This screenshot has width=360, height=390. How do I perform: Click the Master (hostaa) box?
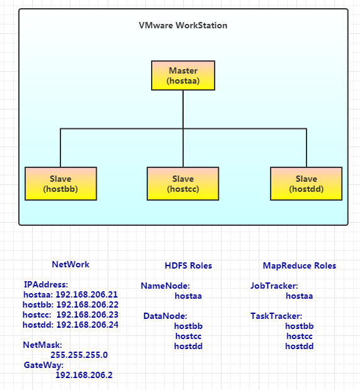click(183, 75)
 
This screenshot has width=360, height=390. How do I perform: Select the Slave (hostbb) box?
click(60, 184)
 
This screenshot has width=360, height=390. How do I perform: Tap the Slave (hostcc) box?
click(183, 184)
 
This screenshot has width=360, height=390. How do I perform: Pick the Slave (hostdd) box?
click(307, 184)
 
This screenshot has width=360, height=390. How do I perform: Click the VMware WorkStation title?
click(183, 25)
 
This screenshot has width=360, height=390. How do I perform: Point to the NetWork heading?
click(70, 264)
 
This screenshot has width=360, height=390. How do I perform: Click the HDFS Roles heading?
click(188, 265)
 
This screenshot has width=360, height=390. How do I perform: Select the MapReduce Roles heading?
click(300, 265)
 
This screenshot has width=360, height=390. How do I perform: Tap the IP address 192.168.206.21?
click(87, 294)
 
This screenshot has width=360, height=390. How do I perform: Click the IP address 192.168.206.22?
click(87, 304)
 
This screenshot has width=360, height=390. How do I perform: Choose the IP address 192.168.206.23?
click(87, 315)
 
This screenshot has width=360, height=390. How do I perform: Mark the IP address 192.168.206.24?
click(87, 325)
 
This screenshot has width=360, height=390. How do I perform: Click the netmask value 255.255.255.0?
click(79, 355)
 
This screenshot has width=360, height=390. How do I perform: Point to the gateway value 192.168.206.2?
click(84, 375)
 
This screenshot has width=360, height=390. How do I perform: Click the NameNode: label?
click(165, 286)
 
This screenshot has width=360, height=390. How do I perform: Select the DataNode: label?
click(165, 316)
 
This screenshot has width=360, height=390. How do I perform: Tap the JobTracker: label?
click(274, 286)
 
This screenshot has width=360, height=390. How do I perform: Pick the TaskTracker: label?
click(276, 316)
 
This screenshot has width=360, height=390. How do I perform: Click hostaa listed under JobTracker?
click(300, 296)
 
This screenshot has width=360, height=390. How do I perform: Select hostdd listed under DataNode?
click(188, 346)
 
